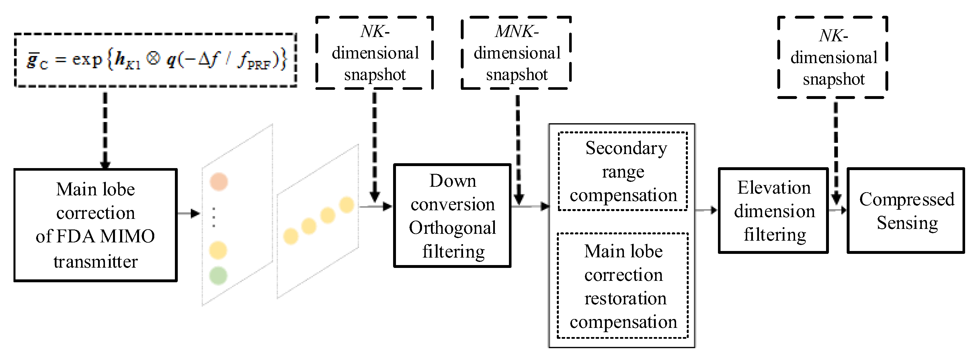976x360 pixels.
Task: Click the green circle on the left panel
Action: [x=218, y=275]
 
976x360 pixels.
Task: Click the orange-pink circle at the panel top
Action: [x=219, y=182]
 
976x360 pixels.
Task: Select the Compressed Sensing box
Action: [x=906, y=211]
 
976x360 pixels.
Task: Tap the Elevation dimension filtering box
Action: [x=773, y=211]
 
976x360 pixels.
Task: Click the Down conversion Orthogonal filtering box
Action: [x=452, y=216]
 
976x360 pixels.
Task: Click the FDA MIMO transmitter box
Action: [x=95, y=225]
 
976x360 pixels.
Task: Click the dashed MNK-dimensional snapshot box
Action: [x=516, y=53]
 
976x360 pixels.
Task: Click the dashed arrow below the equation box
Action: [x=105, y=129]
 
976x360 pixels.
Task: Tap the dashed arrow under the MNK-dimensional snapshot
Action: [x=518, y=148]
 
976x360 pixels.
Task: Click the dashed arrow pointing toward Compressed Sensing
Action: [x=836, y=151]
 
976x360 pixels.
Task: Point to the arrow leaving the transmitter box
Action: [x=188, y=214]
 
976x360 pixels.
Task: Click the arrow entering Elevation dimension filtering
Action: [x=706, y=210]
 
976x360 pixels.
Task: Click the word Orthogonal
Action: [x=452, y=228]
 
